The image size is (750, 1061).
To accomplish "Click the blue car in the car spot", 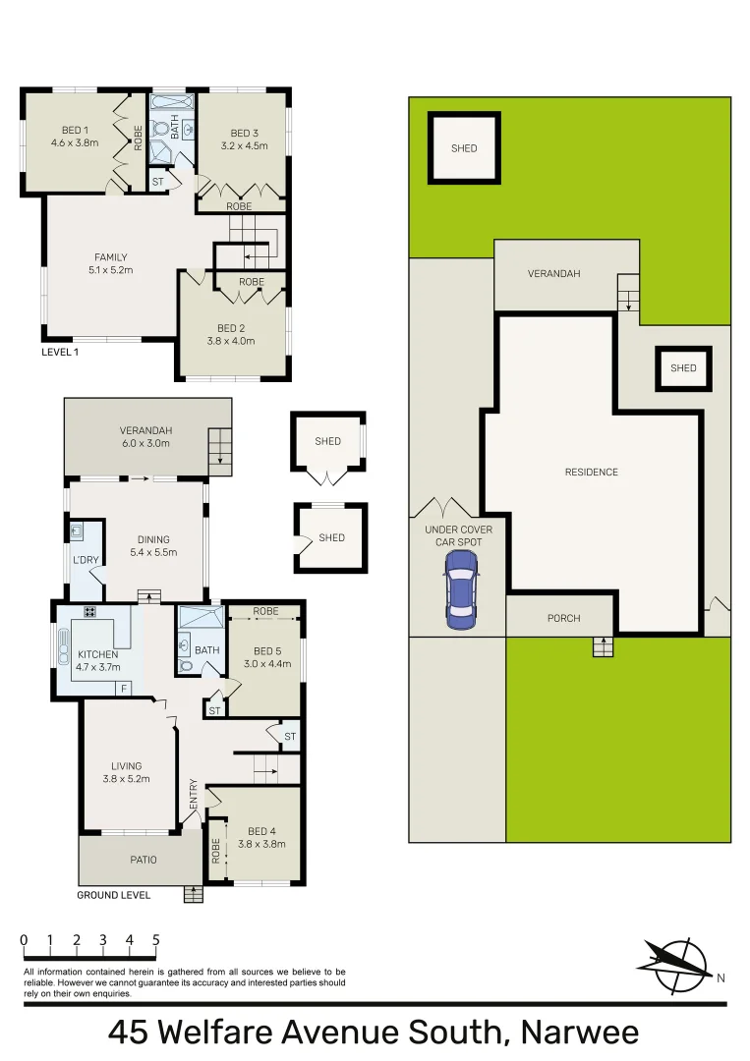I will [x=461, y=588].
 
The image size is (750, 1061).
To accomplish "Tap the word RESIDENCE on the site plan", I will [x=591, y=473].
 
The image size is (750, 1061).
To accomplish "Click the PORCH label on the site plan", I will [x=563, y=618].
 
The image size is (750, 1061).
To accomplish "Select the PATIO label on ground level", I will [x=144, y=860].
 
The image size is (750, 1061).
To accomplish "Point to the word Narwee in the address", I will [x=580, y=1033].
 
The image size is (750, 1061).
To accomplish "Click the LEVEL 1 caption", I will [x=60, y=352].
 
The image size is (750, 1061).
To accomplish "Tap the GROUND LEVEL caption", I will [x=114, y=895].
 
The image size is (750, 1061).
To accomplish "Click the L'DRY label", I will [x=87, y=561].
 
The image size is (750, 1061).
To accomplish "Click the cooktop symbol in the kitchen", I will [x=89, y=613].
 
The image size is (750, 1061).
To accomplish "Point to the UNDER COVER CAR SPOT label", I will [x=458, y=535].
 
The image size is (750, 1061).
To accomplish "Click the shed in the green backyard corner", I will [x=464, y=148].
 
